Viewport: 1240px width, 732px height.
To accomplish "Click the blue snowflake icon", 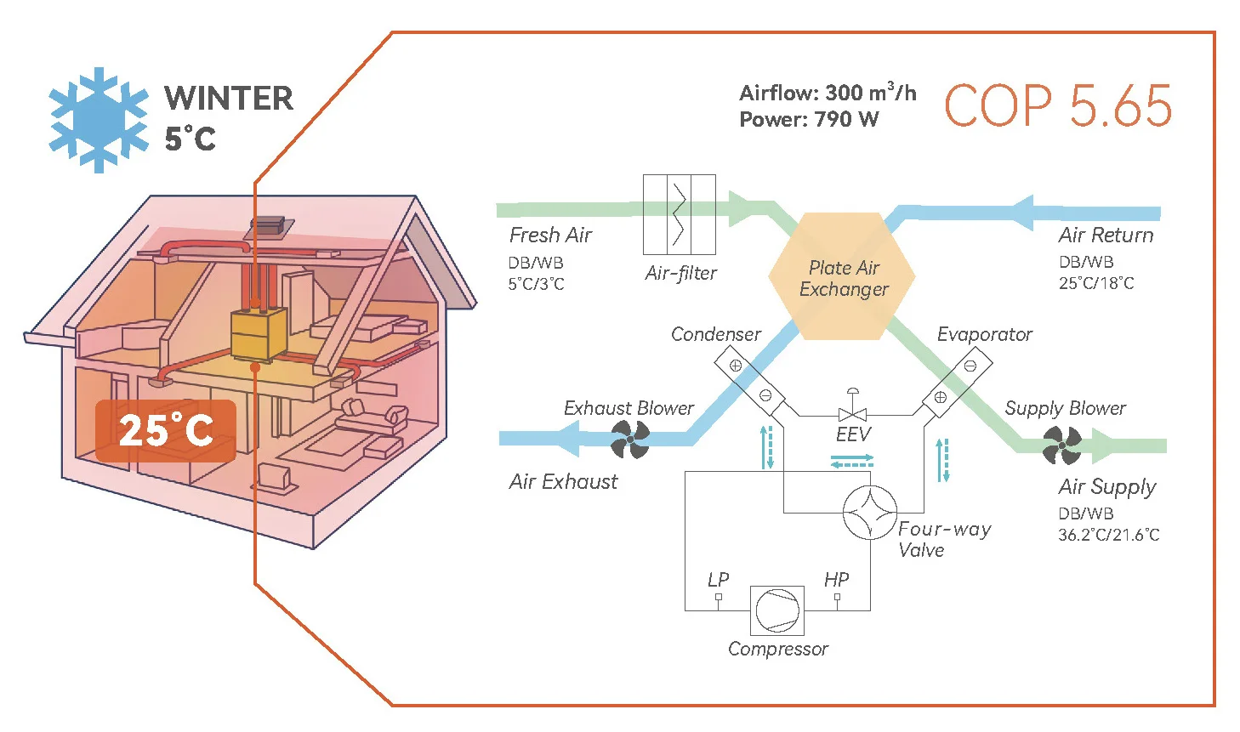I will (99, 120).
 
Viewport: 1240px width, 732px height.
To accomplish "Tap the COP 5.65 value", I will (1058, 106).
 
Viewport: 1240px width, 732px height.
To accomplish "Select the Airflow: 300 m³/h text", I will (828, 92).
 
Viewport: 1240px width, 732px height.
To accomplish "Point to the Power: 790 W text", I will (809, 119).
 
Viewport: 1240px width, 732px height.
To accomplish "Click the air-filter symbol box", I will (679, 214).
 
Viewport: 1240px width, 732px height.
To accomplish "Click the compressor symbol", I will (777, 610).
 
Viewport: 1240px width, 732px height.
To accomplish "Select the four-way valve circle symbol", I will (869, 513).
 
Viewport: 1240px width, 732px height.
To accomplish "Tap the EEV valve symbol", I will (852, 413).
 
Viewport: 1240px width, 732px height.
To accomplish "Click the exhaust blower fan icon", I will (630, 439).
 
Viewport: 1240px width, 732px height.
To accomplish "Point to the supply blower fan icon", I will (1062, 445).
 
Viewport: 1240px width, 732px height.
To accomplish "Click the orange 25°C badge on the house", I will (166, 431).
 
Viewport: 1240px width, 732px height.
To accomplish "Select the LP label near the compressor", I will (719, 580).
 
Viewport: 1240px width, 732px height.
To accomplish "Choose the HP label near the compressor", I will (836, 580).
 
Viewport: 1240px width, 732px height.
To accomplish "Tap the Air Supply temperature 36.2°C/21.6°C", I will (1109, 535).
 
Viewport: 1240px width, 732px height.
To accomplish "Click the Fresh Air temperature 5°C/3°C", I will (536, 284).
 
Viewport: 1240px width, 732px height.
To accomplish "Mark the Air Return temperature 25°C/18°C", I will (1096, 283).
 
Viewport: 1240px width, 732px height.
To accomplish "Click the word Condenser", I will (715, 334).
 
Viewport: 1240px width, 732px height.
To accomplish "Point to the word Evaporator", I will (984, 334).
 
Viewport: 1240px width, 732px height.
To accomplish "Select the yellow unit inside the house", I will (258, 335).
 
